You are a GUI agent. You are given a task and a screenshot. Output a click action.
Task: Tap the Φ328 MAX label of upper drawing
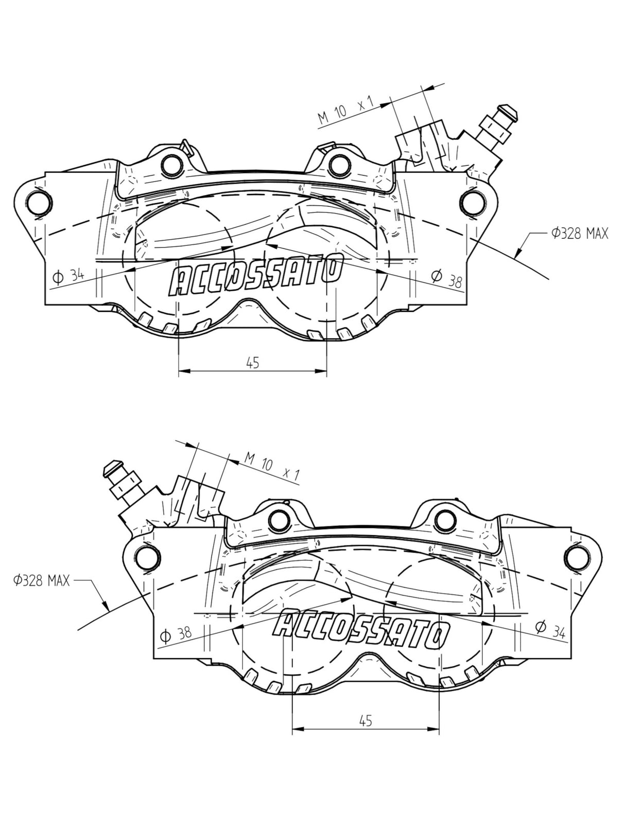coord(580,234)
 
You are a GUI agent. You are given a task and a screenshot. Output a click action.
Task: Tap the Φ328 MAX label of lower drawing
coord(42,581)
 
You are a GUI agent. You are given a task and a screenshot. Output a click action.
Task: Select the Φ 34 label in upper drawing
coord(68,276)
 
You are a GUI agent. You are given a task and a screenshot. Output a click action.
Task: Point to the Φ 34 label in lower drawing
coord(550,629)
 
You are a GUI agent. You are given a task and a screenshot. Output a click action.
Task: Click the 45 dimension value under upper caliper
coord(252,363)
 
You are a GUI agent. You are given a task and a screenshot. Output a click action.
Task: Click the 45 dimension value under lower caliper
coord(365,721)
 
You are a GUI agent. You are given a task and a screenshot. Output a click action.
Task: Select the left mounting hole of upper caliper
coord(39,203)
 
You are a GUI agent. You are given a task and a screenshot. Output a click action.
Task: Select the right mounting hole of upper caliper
coord(473,203)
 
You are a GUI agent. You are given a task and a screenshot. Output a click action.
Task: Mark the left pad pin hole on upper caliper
coord(172,165)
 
